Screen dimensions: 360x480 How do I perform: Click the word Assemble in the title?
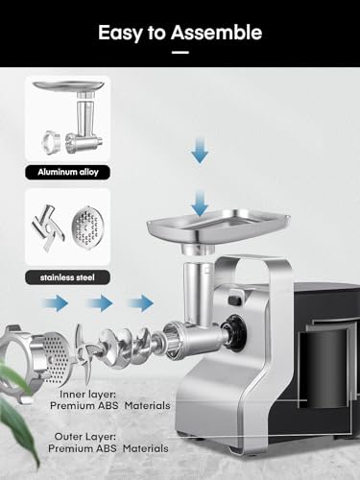click(216, 33)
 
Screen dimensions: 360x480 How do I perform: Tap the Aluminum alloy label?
click(68, 172)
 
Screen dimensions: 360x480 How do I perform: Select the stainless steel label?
click(67, 277)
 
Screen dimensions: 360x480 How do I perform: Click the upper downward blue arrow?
click(200, 150)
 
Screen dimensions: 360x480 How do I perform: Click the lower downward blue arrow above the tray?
click(200, 203)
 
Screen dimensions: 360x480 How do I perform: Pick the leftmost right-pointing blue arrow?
click(55, 303)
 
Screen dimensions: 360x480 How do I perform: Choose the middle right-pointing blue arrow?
click(99, 303)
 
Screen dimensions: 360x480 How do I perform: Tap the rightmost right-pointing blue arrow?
click(140, 303)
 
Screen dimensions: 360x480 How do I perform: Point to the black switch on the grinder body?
click(235, 300)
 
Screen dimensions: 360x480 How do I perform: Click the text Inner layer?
click(87, 395)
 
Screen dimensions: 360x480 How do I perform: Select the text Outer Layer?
click(85, 437)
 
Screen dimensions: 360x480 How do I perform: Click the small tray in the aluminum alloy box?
click(69, 85)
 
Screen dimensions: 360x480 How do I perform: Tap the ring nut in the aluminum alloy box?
click(52, 142)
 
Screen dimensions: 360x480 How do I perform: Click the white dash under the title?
click(180, 53)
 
